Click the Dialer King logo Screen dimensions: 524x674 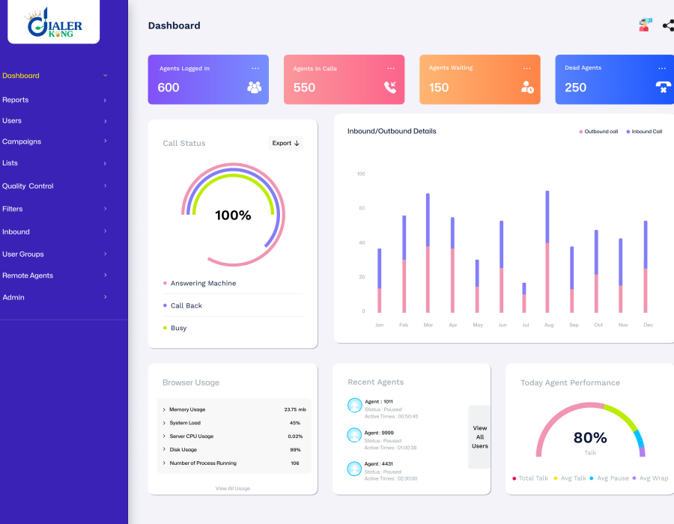coord(54,23)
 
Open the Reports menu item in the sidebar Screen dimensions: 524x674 coord(16,100)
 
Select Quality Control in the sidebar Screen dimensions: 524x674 coord(28,186)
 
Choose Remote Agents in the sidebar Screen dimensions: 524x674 coord(28,275)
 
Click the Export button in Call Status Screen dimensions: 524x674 coord(285,143)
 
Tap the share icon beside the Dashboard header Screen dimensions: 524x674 coord(667,25)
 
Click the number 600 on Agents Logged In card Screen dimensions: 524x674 coord(168,88)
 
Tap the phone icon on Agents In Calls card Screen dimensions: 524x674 coord(390,87)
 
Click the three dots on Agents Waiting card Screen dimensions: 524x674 coord(526,68)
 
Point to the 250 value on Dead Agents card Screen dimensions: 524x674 coord(575,88)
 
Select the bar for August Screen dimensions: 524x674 coord(547,252)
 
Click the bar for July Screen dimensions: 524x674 coord(524,297)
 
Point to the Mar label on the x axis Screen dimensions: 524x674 coord(428,325)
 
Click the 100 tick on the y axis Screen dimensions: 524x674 coord(361,174)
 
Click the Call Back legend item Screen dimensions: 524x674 coord(186,305)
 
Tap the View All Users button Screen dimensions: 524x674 coord(479,437)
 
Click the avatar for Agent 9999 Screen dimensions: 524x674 coord(355,435)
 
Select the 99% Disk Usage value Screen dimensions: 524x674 coord(295,450)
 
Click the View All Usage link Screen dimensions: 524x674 coord(233,488)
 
